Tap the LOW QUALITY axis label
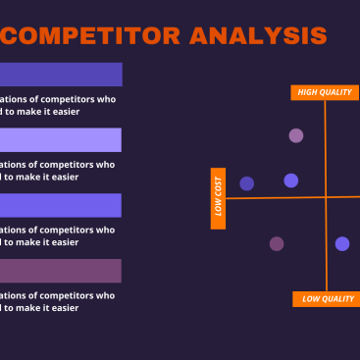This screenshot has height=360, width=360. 326,299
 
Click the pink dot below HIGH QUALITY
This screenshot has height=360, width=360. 296,135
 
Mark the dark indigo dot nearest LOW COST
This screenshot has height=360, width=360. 247,183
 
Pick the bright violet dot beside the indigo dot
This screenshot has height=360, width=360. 291,180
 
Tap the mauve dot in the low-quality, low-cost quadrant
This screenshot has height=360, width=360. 277,243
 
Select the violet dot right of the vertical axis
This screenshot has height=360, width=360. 342,243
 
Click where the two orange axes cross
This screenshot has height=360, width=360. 326,198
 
